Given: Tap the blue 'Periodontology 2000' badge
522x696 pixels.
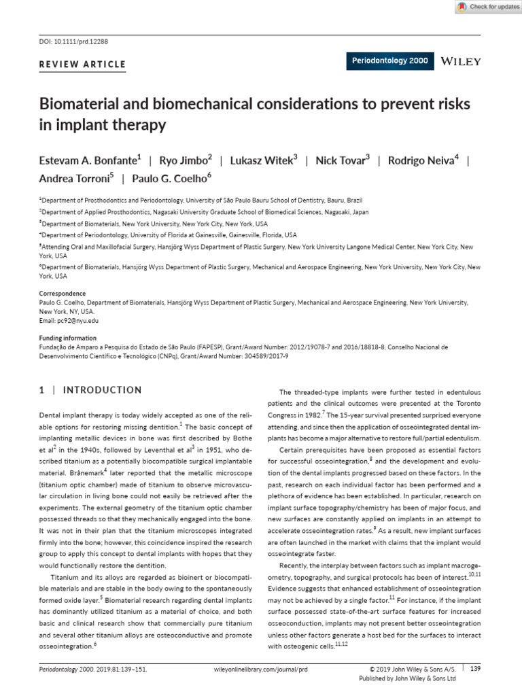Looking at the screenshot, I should tap(390, 61).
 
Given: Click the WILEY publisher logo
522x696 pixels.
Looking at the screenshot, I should tap(461, 61).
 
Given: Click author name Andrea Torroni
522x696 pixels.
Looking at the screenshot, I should tap(75, 179).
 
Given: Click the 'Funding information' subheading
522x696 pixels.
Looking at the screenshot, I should tap(67, 338).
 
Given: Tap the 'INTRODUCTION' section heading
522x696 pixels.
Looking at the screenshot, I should tap(102, 390).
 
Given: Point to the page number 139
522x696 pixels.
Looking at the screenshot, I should tap(475, 669).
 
